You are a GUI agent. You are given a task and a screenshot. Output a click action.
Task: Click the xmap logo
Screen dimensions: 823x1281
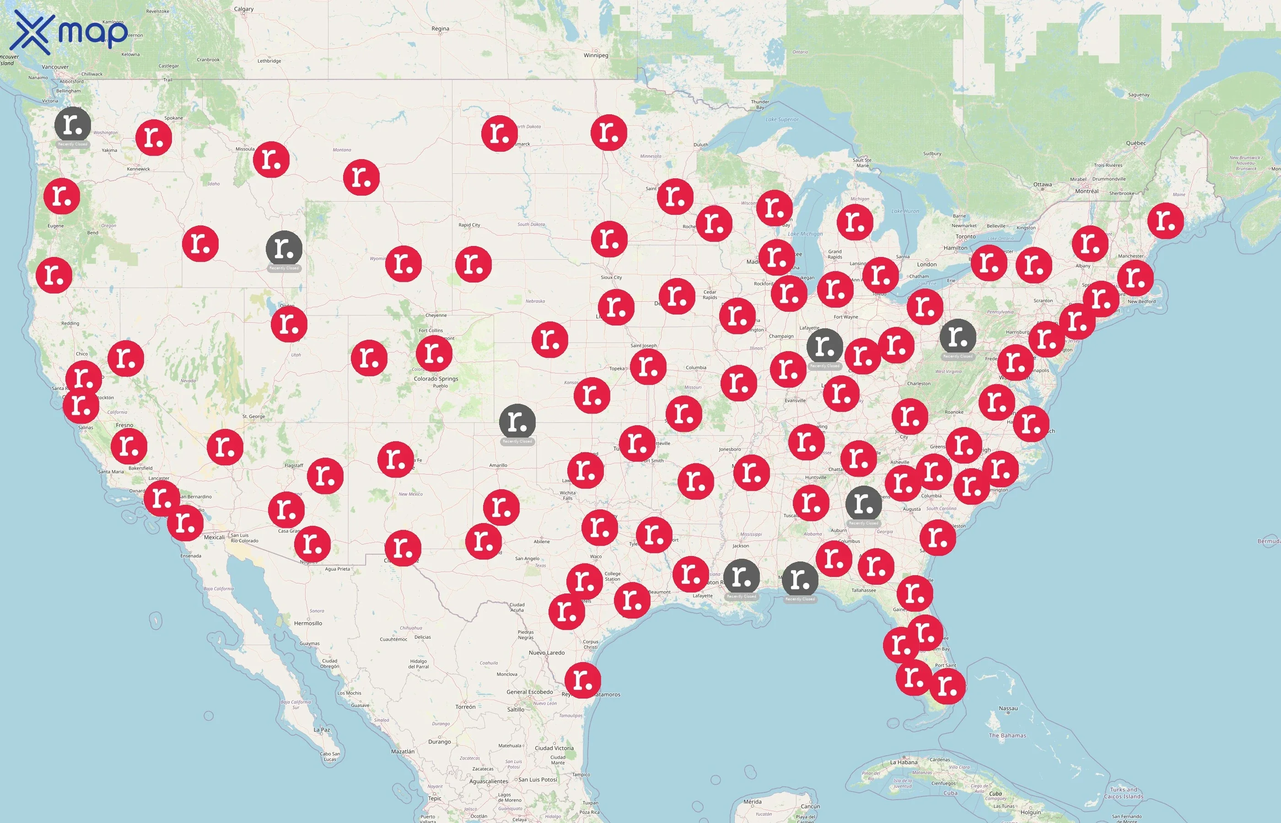[70, 32]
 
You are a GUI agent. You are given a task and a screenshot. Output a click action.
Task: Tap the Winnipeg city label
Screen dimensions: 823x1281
[596, 55]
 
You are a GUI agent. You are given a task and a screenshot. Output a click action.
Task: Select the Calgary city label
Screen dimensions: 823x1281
[243, 9]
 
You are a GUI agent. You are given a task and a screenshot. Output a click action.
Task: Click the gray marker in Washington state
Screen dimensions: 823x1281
[73, 124]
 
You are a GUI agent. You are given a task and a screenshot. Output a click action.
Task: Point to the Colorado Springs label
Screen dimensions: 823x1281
[436, 379]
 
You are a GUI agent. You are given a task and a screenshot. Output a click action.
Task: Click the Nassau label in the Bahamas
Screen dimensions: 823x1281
[1008, 708]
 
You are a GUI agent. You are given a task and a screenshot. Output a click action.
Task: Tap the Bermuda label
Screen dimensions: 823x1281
[1268, 541]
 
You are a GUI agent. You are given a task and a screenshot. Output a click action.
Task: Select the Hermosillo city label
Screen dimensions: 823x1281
[308, 623]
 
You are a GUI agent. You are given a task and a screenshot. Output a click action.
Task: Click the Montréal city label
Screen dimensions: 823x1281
[1087, 191]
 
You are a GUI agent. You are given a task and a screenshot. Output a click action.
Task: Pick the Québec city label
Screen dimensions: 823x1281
[1136, 143]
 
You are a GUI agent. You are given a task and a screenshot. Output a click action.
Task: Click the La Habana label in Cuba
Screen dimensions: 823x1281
[904, 762]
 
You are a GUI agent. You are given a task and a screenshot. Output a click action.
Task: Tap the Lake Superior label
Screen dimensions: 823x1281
[782, 119]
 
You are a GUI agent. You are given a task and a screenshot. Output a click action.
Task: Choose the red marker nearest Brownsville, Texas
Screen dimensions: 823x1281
[583, 680]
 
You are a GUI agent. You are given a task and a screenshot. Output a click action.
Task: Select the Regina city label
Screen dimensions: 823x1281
[440, 29]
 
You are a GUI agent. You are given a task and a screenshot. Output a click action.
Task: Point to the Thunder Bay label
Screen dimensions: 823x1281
[760, 104]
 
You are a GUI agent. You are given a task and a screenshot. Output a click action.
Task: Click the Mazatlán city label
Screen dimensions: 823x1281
[403, 751]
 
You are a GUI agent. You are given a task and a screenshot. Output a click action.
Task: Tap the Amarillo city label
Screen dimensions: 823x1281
[498, 465]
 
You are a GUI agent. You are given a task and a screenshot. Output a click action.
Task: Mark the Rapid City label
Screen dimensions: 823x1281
[469, 225]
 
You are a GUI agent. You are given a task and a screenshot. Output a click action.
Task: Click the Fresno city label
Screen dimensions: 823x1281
[124, 425]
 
